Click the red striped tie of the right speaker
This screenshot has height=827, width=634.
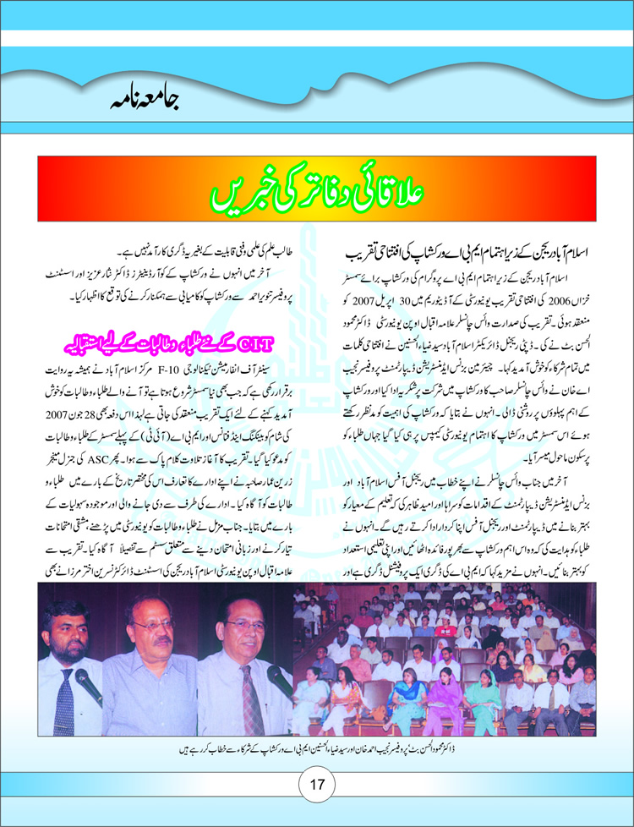[249, 693]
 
